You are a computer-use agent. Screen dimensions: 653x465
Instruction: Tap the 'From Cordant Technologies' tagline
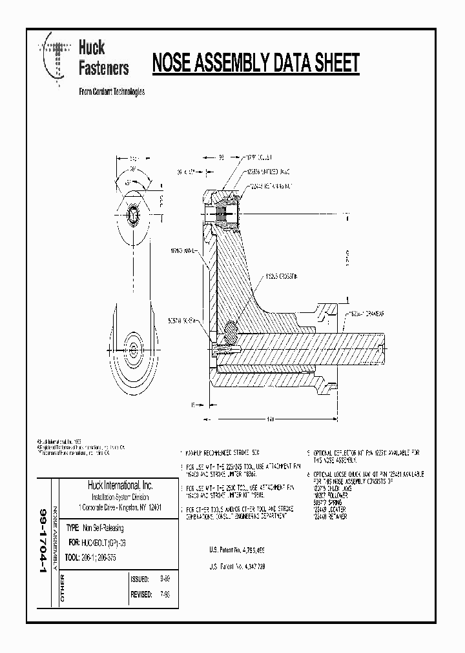click(x=111, y=92)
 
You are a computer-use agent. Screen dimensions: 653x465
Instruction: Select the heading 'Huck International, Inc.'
click(x=120, y=485)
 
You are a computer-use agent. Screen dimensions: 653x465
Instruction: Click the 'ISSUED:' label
click(x=140, y=579)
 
